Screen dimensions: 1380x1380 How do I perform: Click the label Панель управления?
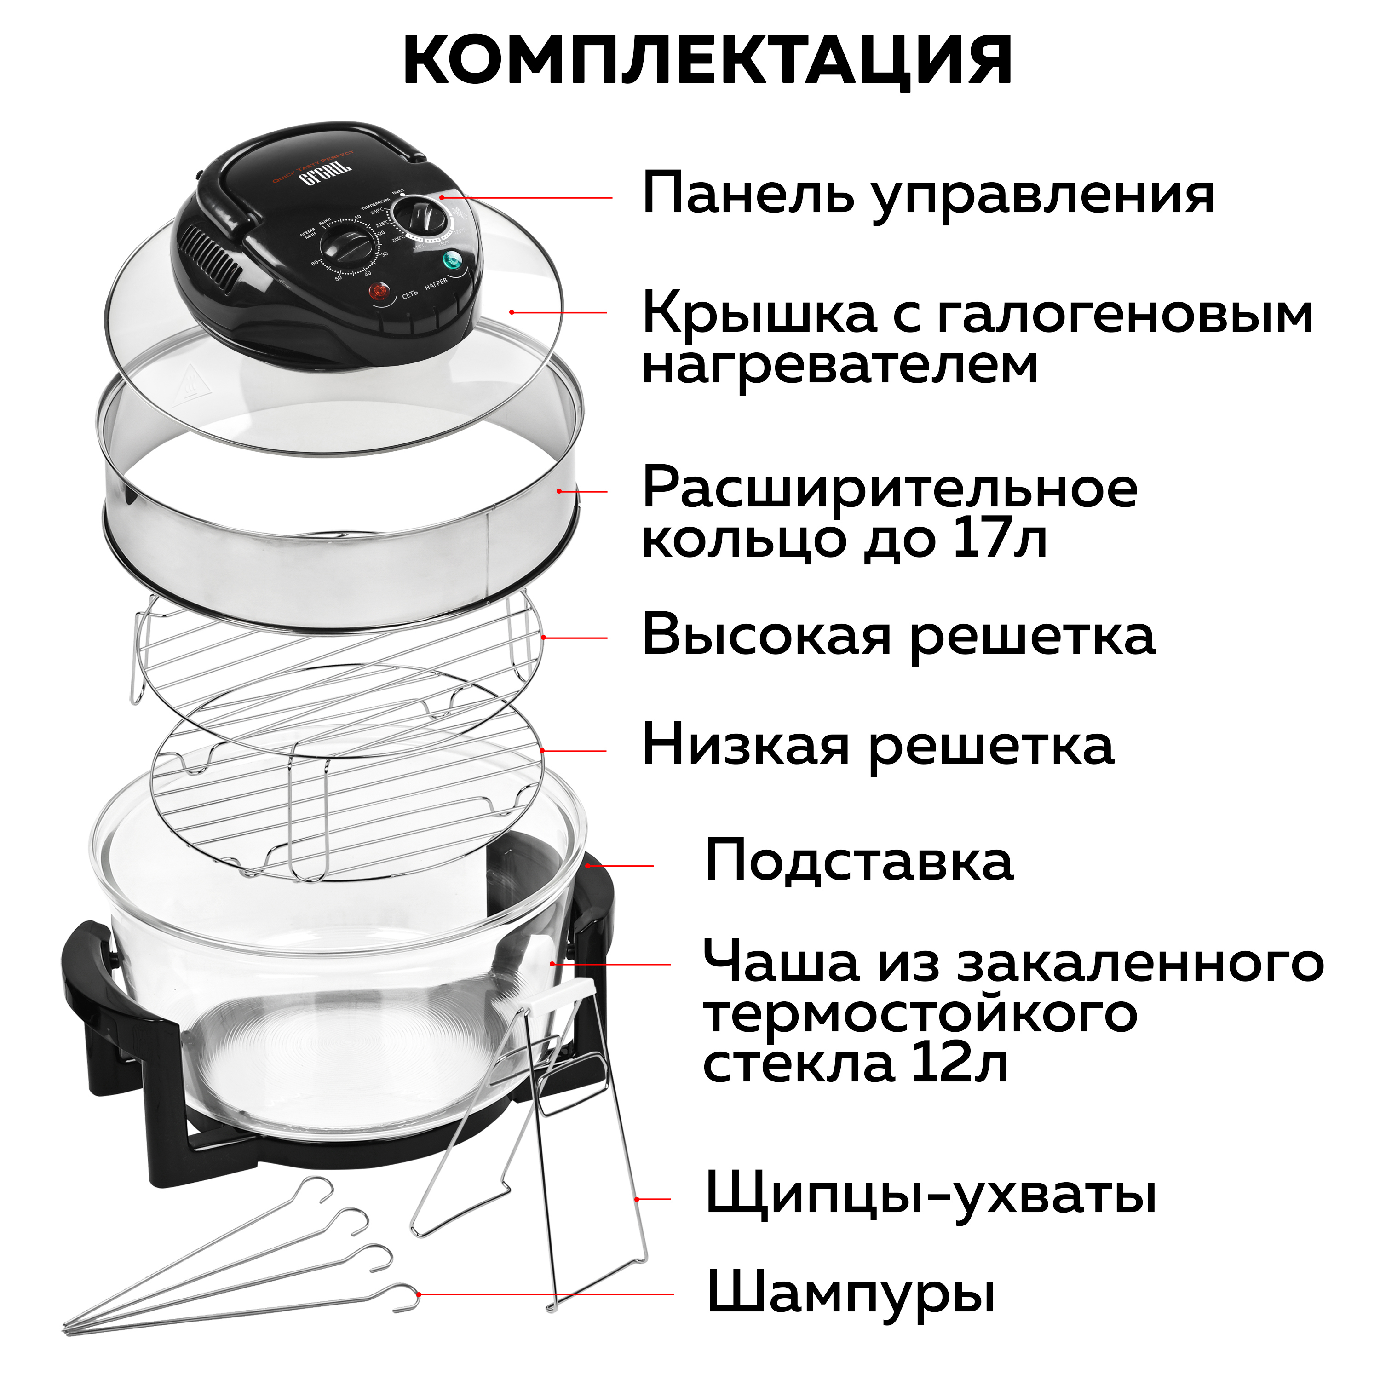928,194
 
